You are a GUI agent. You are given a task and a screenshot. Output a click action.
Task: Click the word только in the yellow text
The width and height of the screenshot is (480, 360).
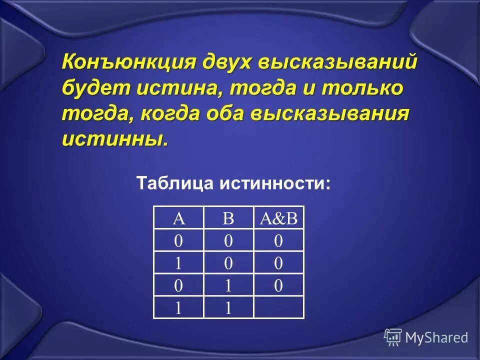(361, 89)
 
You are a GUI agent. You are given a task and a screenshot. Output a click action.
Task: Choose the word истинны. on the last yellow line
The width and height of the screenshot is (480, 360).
(115, 138)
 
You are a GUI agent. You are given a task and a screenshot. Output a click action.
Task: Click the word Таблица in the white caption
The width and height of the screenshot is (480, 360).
(174, 183)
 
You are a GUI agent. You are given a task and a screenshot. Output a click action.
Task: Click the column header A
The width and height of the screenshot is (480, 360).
(178, 218)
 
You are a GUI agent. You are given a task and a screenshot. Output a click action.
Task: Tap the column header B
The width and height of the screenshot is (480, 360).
(228, 218)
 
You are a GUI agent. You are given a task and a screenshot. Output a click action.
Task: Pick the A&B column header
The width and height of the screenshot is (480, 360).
(278, 218)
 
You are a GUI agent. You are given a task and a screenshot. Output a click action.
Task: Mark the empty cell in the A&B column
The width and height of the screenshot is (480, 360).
(278, 307)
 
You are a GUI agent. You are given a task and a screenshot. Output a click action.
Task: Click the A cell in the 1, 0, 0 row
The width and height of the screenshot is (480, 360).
(178, 262)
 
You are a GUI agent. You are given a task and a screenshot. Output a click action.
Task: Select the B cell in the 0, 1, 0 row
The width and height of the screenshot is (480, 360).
(228, 285)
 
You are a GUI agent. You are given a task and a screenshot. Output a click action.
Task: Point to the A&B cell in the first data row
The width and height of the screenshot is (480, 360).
(278, 240)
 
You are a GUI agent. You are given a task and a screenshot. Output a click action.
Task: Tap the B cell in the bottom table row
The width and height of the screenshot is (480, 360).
(228, 307)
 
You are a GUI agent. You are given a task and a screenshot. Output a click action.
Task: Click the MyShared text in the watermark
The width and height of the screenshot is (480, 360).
(436, 337)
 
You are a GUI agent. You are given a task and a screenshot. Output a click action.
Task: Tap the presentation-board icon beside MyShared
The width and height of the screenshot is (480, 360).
(393, 337)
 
